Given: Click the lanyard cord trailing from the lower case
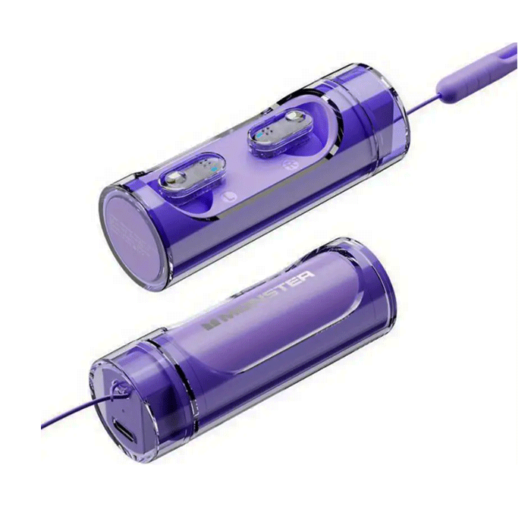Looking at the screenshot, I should [x=68, y=416].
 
